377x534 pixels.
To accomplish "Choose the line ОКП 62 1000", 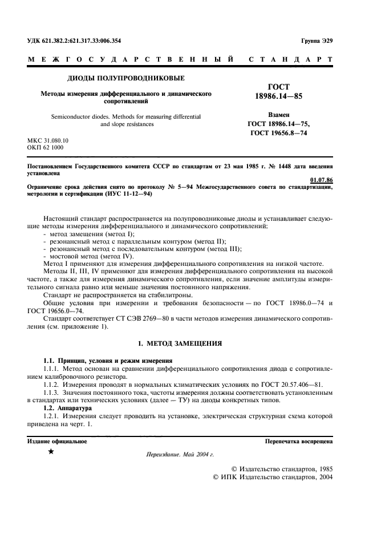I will (x=46, y=148).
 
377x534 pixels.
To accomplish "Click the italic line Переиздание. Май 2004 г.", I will (x=180, y=455).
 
